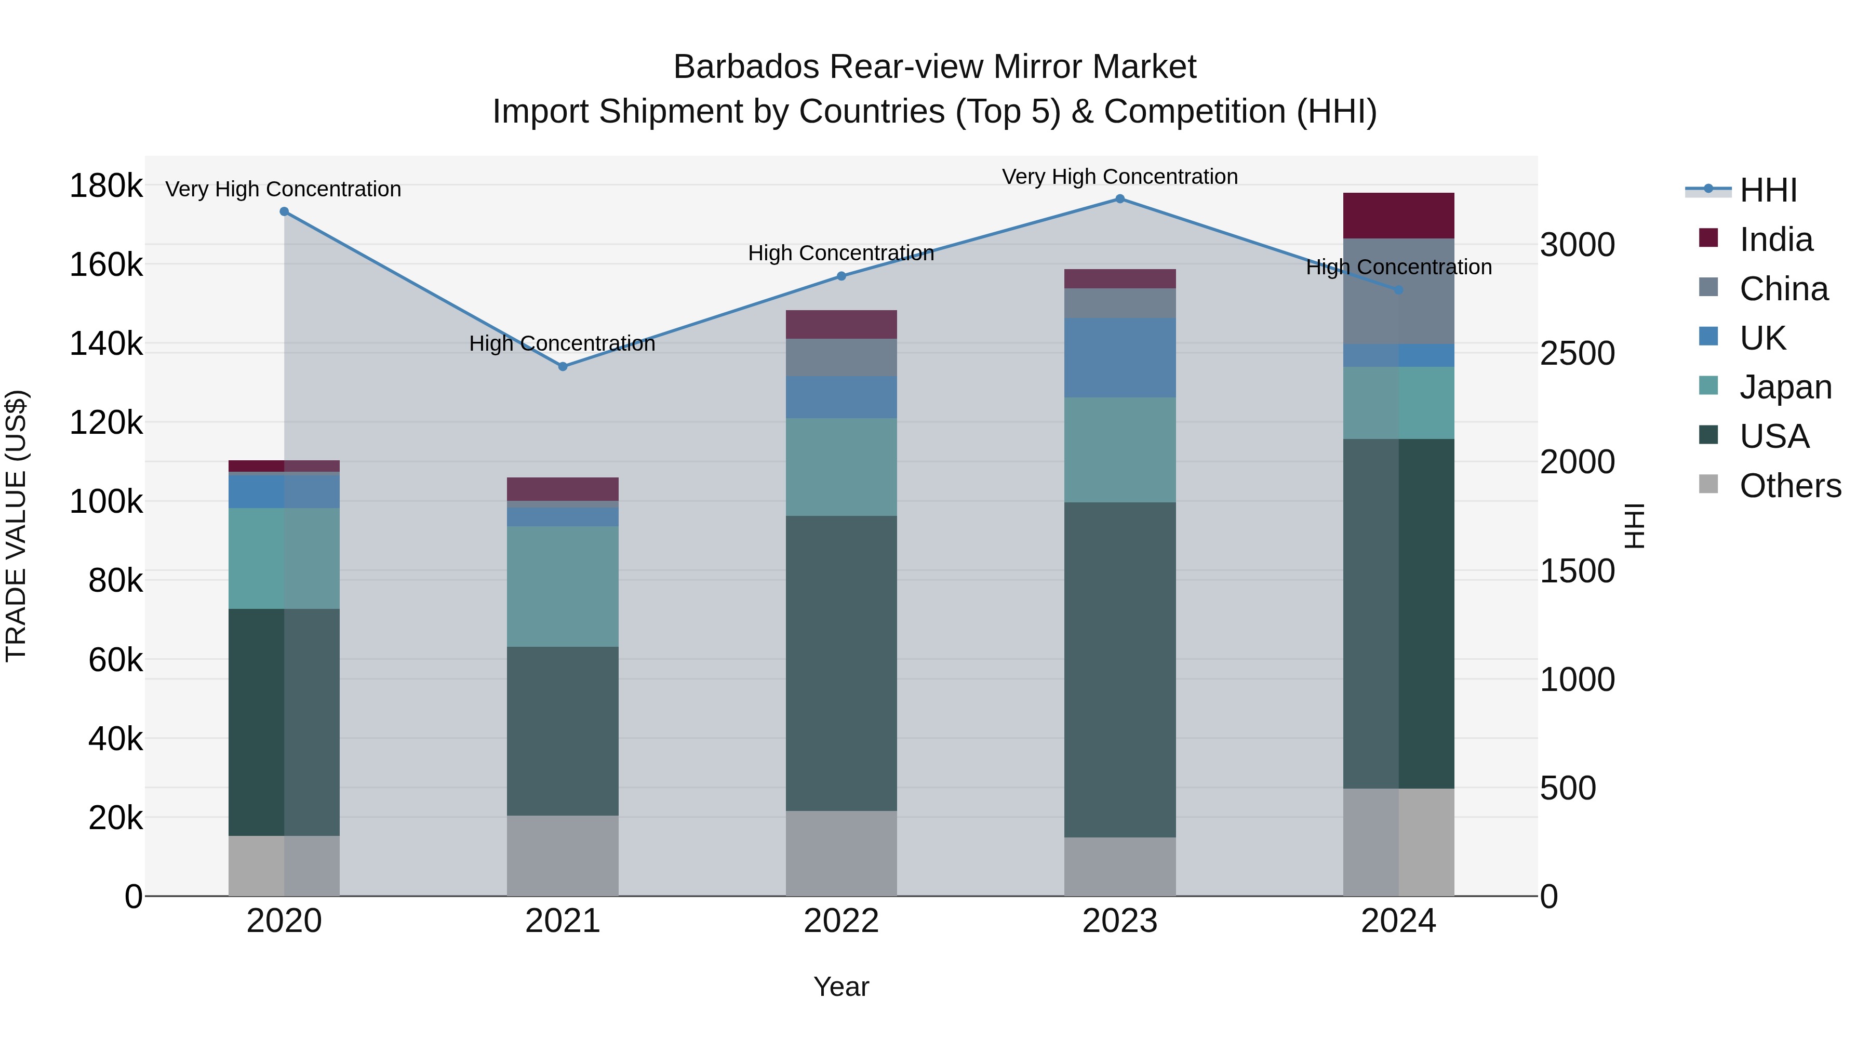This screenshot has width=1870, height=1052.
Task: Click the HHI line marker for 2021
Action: click(563, 367)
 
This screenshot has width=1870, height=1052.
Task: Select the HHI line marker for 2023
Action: click(1119, 199)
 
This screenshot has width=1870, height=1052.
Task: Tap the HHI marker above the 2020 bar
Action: click(284, 212)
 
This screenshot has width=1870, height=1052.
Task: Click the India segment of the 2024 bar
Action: click(1398, 216)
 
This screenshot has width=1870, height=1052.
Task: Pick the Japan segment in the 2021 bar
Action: click(563, 586)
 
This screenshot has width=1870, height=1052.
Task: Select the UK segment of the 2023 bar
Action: click(1119, 357)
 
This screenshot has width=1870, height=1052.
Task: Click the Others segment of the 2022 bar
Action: click(842, 853)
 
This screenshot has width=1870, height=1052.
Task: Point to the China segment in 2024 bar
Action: click(1398, 291)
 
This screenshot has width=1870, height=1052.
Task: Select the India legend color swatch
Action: click(1709, 238)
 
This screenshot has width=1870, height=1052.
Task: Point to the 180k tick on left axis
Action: click(106, 186)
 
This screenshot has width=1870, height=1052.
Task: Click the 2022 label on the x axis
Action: click(842, 921)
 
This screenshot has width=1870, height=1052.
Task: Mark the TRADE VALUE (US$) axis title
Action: click(16, 526)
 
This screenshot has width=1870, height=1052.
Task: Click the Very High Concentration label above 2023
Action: click(1119, 177)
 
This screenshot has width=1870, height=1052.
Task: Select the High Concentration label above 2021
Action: click(562, 343)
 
